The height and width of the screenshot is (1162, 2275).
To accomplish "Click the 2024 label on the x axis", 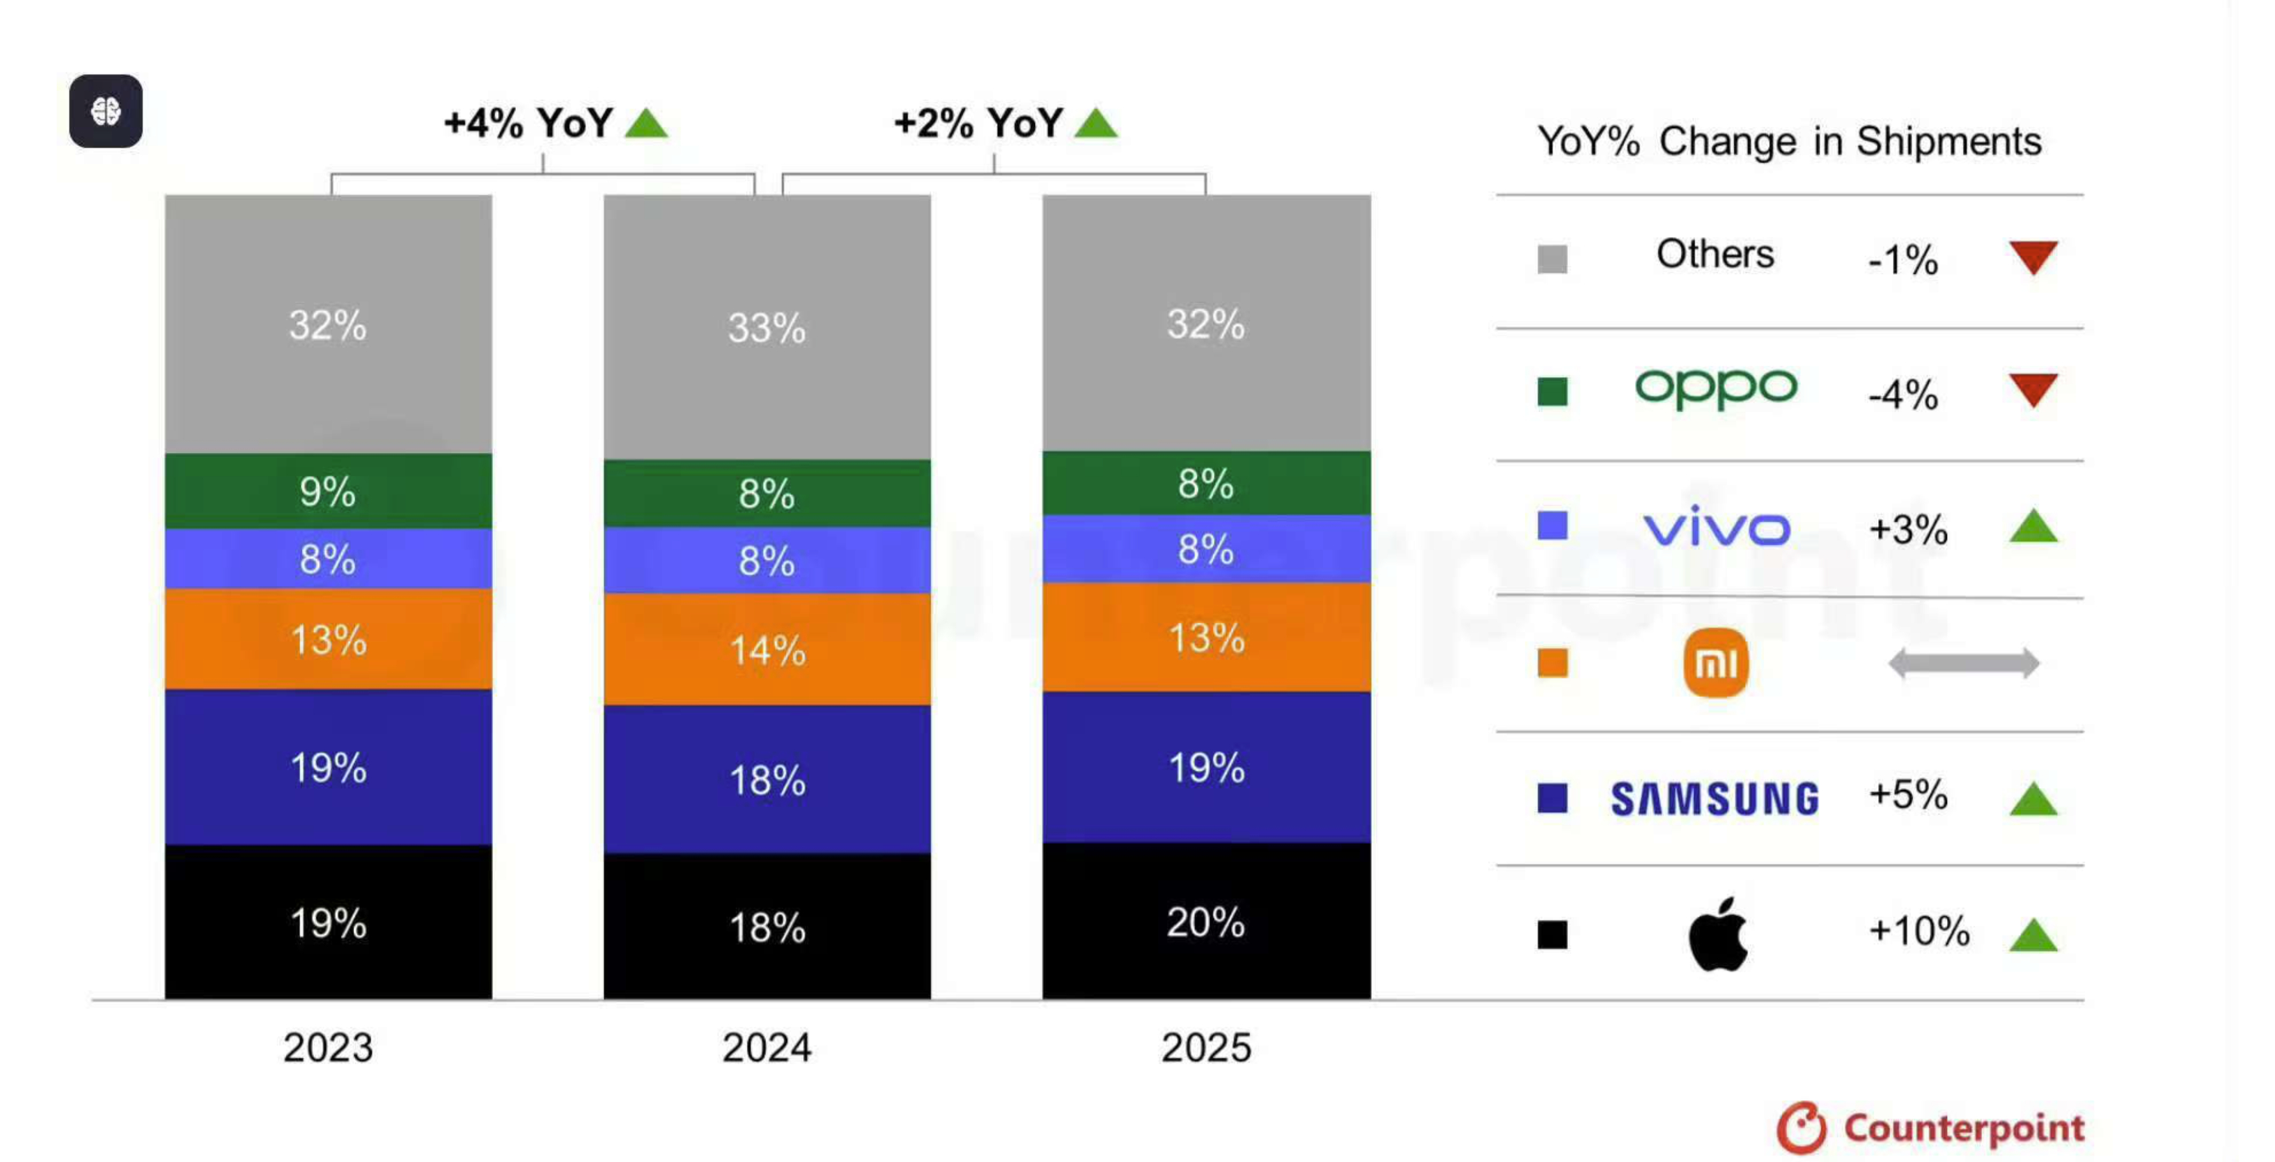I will pyautogui.click(x=767, y=1047).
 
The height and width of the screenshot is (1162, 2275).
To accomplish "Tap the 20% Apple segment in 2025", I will pyautogui.click(x=1206, y=922).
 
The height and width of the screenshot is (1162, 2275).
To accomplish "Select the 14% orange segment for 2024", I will pyautogui.click(x=767, y=649).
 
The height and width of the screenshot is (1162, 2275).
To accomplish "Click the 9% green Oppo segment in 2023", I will pyautogui.click(x=327, y=491).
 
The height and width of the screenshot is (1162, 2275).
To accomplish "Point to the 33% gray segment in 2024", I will pyautogui.click(x=767, y=327).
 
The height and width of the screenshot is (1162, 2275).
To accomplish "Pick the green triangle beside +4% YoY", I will pyautogui.click(x=646, y=124).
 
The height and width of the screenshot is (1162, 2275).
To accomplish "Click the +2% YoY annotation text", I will pyautogui.click(x=978, y=123).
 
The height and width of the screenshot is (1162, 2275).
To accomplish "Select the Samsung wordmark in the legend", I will pyautogui.click(x=1715, y=799).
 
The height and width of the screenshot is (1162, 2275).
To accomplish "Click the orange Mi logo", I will pyautogui.click(x=1715, y=663).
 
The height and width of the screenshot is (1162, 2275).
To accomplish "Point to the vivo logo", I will pyautogui.click(x=1716, y=527).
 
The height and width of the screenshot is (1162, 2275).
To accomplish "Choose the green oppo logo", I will pyautogui.click(x=1715, y=389).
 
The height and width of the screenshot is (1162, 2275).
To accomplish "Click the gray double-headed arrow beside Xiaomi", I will pyautogui.click(x=1964, y=663).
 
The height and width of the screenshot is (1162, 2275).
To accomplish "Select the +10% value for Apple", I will pyautogui.click(x=1918, y=931).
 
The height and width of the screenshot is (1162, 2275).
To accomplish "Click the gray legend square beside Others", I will pyautogui.click(x=1551, y=259).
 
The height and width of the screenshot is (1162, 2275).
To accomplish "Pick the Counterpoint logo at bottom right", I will pyautogui.click(x=1930, y=1128).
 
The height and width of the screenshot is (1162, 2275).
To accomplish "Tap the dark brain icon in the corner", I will pyautogui.click(x=106, y=111).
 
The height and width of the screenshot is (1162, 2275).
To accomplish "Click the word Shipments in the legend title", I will pyautogui.click(x=1948, y=141).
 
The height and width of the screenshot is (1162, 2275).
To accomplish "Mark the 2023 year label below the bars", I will pyautogui.click(x=327, y=1047).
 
